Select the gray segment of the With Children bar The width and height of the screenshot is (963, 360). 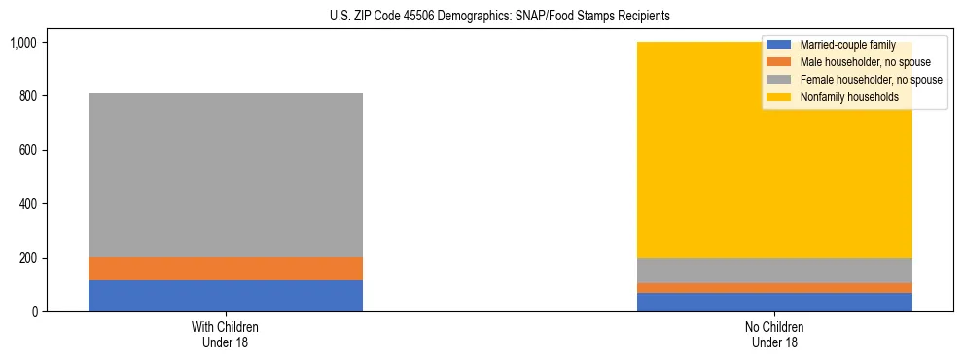coord(226,175)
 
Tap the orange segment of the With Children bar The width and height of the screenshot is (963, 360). coord(226,269)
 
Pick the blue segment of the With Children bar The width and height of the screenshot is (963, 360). coord(226,296)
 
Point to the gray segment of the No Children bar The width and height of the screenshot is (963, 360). coord(775,270)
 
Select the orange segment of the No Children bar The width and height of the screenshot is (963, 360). coord(775,288)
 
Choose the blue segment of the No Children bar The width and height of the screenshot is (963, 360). coord(775,303)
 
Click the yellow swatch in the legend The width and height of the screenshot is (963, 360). coord(779,97)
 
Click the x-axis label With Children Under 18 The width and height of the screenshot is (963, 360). coord(226,334)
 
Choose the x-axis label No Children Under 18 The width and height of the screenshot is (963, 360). coord(775,334)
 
